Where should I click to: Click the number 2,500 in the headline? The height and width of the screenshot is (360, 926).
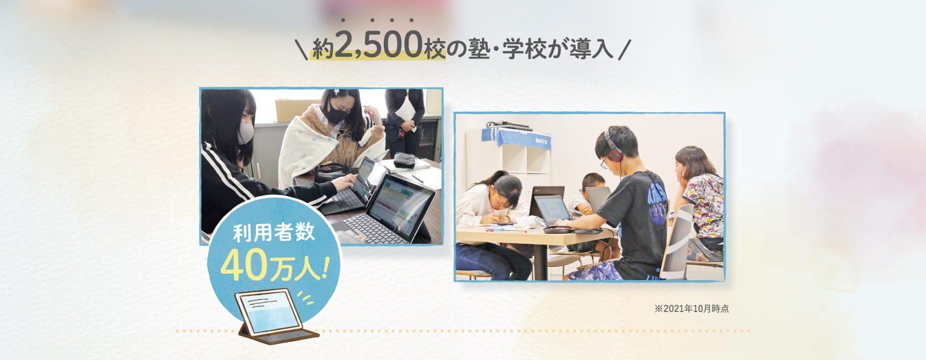point(379,45)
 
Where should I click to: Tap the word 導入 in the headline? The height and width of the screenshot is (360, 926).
point(590,49)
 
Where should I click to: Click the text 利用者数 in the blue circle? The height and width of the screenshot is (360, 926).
point(274,232)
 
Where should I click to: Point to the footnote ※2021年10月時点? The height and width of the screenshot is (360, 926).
point(691,308)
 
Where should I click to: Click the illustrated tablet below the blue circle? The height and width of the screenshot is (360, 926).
point(272,315)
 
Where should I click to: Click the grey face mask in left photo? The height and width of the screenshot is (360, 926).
point(245,133)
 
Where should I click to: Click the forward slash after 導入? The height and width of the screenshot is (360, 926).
point(624,50)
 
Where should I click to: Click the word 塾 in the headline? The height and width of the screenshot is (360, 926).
point(479,49)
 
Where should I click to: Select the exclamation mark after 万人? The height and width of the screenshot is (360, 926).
point(324,267)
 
